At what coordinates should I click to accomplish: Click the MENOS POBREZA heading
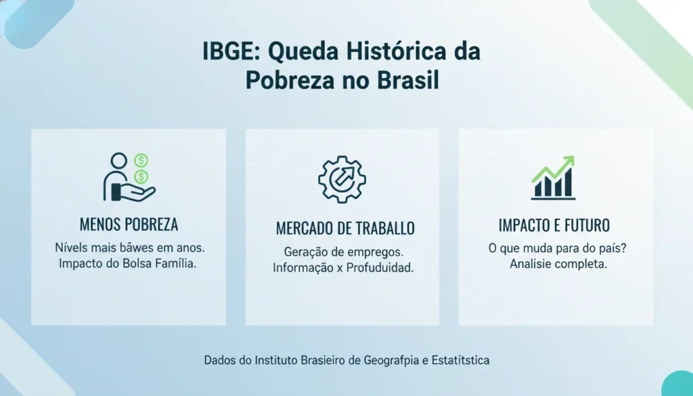pyautogui.click(x=129, y=224)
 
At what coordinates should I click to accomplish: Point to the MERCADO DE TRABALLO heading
pyautogui.click(x=345, y=228)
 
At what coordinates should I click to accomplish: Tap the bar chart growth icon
pyautogui.click(x=553, y=177)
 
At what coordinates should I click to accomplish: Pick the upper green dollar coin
pyautogui.click(x=141, y=161)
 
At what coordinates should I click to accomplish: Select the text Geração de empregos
pyautogui.click(x=342, y=251)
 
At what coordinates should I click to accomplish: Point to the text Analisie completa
pyautogui.click(x=558, y=264)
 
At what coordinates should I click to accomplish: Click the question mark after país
pyautogui.click(x=623, y=248)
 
